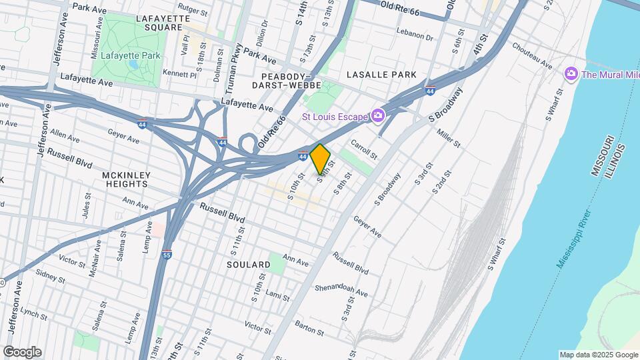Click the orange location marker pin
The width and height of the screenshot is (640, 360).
point(320,159)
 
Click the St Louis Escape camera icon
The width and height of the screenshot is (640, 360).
point(378,117)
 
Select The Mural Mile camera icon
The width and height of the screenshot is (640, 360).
point(570,73)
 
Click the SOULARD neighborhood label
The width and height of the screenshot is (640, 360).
point(248,265)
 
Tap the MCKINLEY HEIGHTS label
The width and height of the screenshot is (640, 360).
point(126,179)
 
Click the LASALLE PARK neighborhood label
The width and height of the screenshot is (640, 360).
point(385,75)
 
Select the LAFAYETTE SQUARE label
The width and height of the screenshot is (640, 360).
point(159,23)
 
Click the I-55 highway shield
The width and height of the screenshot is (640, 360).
point(167,255)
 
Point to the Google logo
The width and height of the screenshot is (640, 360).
point(22,351)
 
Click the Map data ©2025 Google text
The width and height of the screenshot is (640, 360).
point(597,355)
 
